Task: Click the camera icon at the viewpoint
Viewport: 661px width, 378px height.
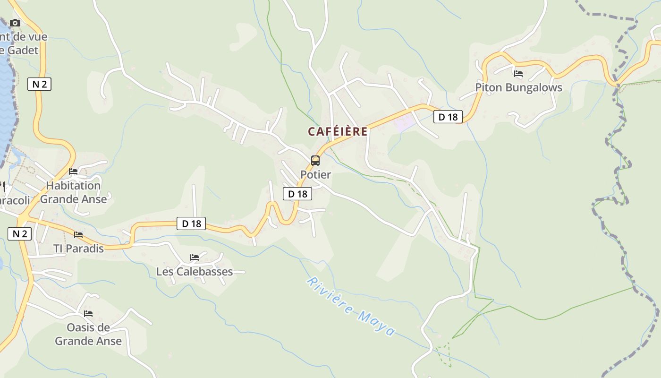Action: (15, 23)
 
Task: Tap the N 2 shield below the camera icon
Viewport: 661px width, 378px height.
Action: (39, 84)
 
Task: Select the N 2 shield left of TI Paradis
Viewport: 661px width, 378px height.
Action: (19, 233)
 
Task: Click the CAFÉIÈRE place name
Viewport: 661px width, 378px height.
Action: (338, 131)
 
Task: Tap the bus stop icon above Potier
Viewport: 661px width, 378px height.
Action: (315, 161)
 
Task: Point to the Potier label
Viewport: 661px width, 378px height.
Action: (316, 174)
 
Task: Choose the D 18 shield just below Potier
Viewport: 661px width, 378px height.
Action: (297, 193)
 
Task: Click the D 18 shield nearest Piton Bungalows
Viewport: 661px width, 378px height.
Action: (448, 117)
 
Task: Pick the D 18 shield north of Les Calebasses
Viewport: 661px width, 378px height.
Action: (191, 223)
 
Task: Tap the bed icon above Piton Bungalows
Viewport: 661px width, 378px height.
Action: (518, 74)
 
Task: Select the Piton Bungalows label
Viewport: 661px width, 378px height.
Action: (518, 87)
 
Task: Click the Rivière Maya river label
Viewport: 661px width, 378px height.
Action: (351, 307)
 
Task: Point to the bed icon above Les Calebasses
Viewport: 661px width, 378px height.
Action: (195, 258)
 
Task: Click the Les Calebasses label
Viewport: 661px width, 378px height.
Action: (195, 272)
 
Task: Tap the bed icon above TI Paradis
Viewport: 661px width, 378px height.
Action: (78, 234)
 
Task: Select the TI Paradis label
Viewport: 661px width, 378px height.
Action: (78, 249)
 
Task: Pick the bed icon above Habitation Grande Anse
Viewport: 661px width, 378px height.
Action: (73, 172)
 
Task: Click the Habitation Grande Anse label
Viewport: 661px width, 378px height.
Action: (73, 192)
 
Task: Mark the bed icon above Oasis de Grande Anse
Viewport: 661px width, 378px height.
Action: (88, 313)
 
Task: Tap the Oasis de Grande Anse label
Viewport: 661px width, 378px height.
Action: (88, 334)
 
